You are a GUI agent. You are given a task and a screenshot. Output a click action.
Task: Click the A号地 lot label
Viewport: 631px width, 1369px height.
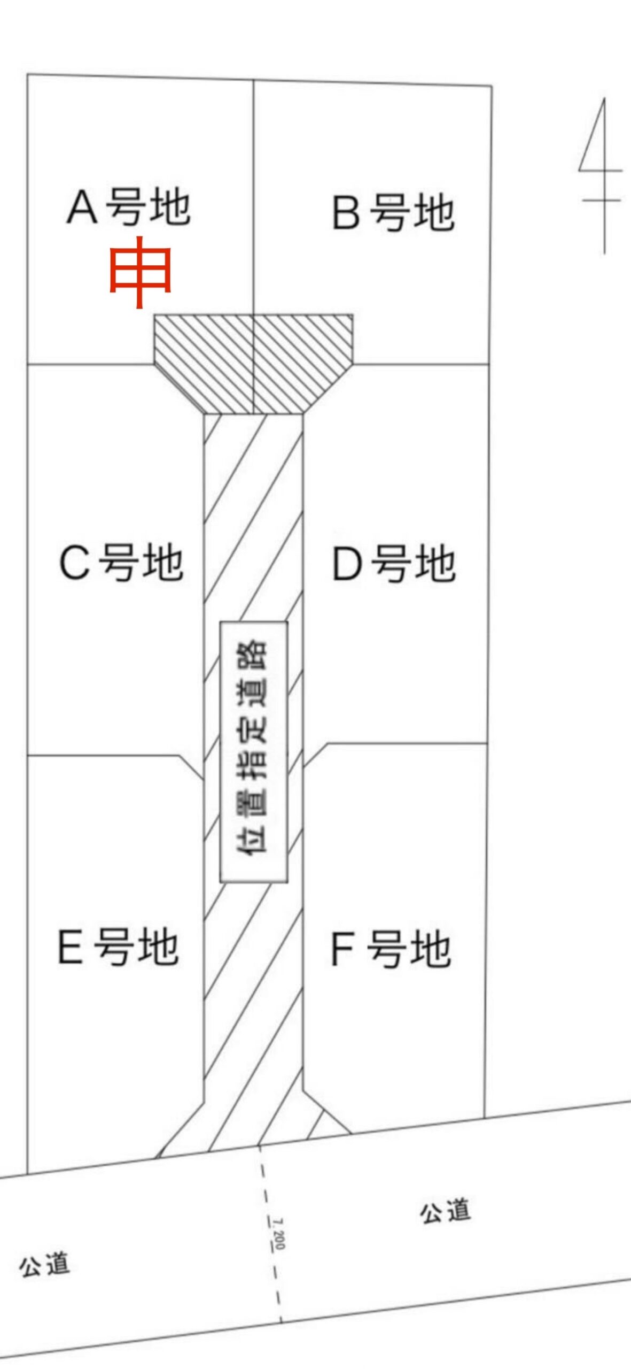pyautogui.click(x=128, y=207)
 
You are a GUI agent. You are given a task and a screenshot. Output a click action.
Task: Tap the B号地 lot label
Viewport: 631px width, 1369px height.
pyautogui.click(x=393, y=213)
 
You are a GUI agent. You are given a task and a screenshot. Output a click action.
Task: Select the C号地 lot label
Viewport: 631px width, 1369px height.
pyautogui.click(x=121, y=563)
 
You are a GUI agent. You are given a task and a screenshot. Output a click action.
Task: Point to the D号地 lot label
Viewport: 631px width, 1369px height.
pyautogui.click(x=394, y=564)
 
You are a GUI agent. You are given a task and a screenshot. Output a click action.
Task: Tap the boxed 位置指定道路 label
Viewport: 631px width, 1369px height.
pyautogui.click(x=254, y=751)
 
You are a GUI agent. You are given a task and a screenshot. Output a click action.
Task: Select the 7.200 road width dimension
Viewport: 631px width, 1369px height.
pyautogui.click(x=277, y=1233)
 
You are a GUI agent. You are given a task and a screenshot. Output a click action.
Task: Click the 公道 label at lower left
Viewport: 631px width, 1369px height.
pyautogui.click(x=44, y=1265)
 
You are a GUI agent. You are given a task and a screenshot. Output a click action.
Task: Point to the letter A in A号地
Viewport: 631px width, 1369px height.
pyautogui.click(x=82, y=207)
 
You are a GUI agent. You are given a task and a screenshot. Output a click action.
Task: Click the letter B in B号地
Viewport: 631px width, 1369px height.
pyautogui.click(x=346, y=213)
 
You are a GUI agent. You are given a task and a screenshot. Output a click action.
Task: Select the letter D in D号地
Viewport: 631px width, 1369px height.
pyautogui.click(x=347, y=565)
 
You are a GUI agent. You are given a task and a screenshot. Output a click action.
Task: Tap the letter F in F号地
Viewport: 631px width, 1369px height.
pyautogui.click(x=342, y=949)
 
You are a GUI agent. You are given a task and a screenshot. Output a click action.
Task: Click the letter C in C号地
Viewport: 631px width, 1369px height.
pyautogui.click(x=74, y=563)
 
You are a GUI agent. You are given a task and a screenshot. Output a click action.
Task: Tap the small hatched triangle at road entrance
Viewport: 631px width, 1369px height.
pyautogui.click(x=327, y=1123)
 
